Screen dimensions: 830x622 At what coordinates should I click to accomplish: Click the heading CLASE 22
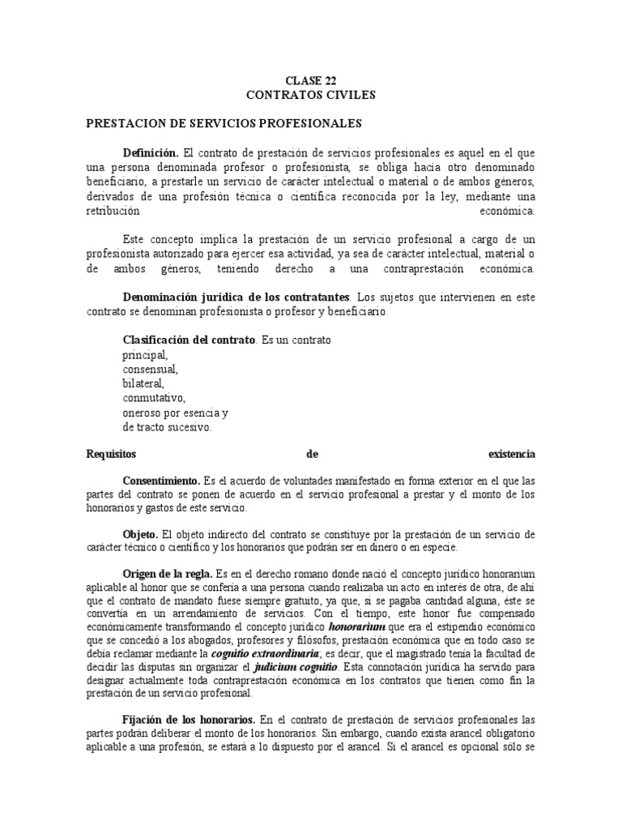point(311,80)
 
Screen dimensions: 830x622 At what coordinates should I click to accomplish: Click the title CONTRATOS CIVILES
point(311,95)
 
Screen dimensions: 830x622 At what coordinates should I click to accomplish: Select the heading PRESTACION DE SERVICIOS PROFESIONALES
point(224,124)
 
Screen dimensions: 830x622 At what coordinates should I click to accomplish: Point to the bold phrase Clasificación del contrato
point(188,340)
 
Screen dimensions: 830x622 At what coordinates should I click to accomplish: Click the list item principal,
point(146,354)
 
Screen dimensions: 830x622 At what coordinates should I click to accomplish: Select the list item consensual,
point(150,369)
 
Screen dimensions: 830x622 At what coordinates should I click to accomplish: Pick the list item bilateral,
point(143,383)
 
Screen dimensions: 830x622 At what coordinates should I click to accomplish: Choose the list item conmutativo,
point(154,398)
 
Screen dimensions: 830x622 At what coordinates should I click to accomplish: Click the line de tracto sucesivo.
point(167,427)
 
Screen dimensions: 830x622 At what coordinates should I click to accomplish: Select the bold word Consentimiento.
point(162,481)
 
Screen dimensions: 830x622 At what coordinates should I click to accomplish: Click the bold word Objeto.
point(141,534)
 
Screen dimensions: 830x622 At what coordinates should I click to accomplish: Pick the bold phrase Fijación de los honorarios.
point(190,720)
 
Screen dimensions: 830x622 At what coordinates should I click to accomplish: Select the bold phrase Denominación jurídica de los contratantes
point(236,297)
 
